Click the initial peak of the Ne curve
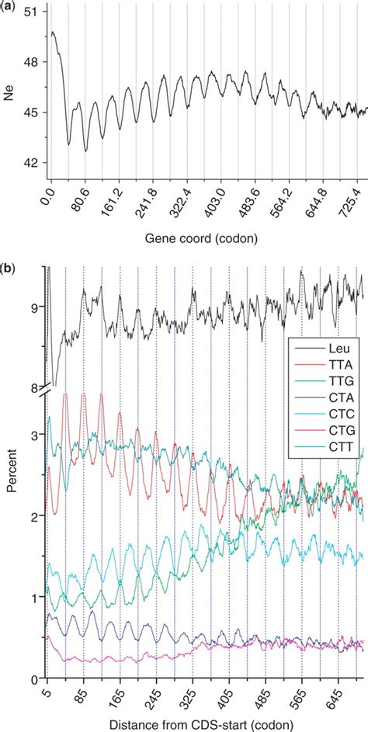coord(52,33)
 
